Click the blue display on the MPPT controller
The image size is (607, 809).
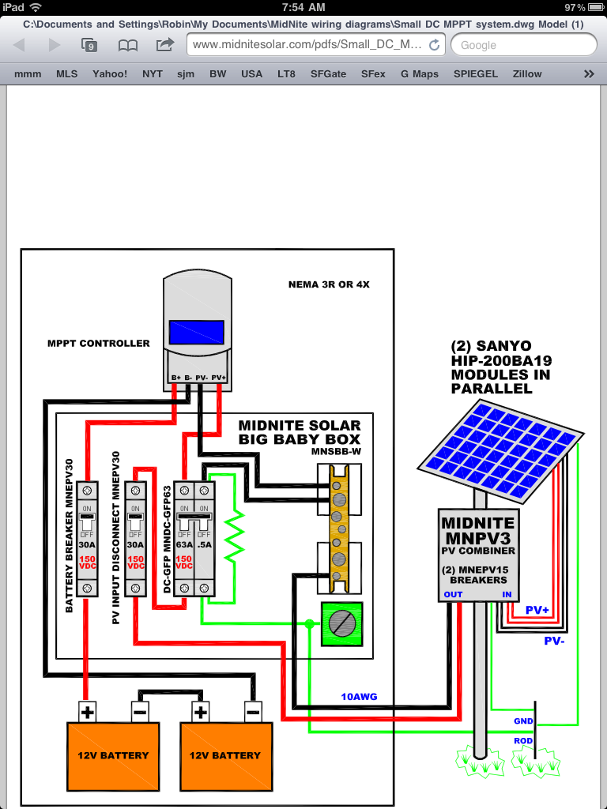coord(196,333)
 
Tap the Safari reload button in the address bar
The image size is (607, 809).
coord(435,45)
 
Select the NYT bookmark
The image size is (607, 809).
coord(153,73)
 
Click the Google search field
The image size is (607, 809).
coord(523,45)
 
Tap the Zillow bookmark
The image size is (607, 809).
coord(527,73)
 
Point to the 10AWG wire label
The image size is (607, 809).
coord(359,697)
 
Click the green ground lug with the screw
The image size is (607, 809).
coord(341,624)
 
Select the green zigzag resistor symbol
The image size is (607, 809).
coord(234,536)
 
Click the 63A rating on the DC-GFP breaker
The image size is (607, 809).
coord(183,544)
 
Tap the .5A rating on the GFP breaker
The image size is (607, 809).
coord(204,544)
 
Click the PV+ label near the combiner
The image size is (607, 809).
coord(537,610)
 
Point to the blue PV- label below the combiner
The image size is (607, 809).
coord(554,641)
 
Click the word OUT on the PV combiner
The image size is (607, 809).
coord(453,594)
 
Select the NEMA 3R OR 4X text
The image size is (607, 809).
coord(329,284)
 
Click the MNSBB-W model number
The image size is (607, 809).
coord(335,452)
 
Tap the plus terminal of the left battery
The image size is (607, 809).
coord(87,713)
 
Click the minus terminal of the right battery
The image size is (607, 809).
coord(252,713)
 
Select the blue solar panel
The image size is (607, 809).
coord(500,451)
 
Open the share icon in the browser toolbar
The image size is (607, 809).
coord(164,44)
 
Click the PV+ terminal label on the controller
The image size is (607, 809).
coord(219,378)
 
